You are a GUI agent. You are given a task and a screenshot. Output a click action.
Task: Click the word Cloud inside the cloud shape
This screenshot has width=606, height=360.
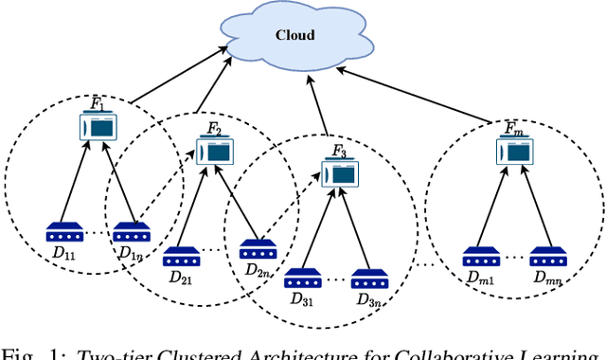294,35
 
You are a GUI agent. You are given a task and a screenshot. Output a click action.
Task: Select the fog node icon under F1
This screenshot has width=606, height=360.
98,126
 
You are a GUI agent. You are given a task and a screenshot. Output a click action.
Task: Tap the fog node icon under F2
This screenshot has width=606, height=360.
214,150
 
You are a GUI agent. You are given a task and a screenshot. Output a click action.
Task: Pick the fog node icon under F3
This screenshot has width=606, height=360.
340,171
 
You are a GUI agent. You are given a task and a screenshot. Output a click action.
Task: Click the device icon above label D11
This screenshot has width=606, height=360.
64,232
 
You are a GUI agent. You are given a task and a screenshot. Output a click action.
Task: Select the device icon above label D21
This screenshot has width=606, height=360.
180,255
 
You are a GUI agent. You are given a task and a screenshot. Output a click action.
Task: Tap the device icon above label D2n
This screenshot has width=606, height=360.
256,250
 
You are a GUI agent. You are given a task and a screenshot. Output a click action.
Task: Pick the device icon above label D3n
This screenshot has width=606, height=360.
368,279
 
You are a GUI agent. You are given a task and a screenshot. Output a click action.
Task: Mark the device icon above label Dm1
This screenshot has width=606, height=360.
480,255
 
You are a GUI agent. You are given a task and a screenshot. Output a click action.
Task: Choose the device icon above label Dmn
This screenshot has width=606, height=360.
546,255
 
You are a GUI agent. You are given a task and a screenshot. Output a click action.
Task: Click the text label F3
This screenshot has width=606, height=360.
340,151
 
